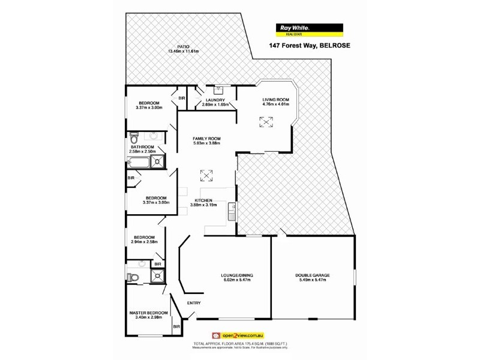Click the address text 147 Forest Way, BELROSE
tap(310, 46)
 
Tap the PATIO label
tap(184, 46)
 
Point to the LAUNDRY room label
tap(215, 100)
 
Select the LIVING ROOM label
tap(276, 100)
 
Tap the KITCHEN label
tap(203, 200)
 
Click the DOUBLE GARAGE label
tap(312, 276)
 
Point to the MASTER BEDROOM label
tap(148, 313)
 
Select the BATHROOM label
tap(143, 147)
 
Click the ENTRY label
tap(194, 302)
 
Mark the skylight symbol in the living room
tap(266, 122)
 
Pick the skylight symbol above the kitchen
tap(206, 176)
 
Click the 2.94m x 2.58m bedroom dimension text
tap(144, 242)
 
